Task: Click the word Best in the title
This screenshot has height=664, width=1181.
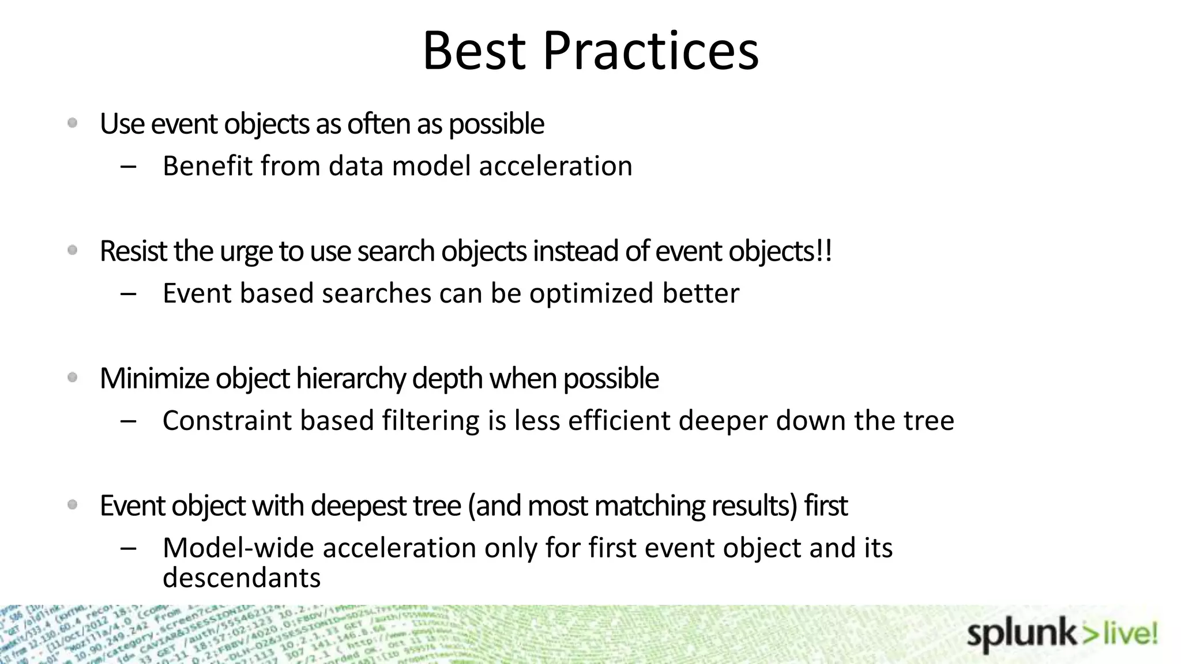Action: tap(474, 51)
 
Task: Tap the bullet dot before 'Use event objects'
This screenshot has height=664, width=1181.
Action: tap(73, 123)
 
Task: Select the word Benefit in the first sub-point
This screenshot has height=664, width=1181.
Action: tap(208, 166)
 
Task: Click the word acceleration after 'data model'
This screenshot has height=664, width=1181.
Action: tap(555, 166)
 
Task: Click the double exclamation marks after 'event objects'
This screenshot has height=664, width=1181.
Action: tap(825, 251)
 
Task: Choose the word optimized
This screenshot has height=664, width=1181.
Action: tap(592, 293)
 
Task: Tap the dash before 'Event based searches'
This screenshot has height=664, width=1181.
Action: tap(129, 294)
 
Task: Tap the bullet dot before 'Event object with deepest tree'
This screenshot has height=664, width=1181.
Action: tap(73, 505)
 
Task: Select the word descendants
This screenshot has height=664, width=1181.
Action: tap(241, 578)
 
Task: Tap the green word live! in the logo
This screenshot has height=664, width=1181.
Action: tap(1129, 634)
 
